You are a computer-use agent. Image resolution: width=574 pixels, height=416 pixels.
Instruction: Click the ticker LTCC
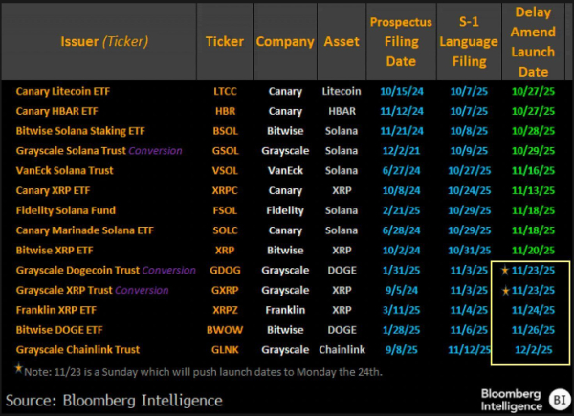point(224,91)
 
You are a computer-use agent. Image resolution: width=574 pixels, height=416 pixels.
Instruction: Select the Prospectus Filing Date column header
point(401,41)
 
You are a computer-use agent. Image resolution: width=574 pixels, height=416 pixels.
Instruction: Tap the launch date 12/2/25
point(533,350)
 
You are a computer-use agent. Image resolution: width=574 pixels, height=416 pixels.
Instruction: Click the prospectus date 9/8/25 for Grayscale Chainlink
point(401,350)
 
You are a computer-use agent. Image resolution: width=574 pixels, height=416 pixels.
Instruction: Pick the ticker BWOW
point(224,330)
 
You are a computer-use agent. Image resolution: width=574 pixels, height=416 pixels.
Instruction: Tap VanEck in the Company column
point(285,170)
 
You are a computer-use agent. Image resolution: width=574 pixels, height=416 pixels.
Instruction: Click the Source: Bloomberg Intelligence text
point(114,399)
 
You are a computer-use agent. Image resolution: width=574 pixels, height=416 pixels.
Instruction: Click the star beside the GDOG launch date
point(504,270)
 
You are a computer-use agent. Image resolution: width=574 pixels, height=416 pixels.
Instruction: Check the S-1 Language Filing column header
point(468,41)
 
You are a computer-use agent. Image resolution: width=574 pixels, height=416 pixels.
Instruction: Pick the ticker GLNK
point(224,350)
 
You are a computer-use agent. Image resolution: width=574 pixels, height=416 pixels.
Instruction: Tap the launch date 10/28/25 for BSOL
point(533,131)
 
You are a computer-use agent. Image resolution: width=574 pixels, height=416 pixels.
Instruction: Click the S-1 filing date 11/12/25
point(468,350)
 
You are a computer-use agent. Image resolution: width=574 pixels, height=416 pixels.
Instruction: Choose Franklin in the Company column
point(285,310)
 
